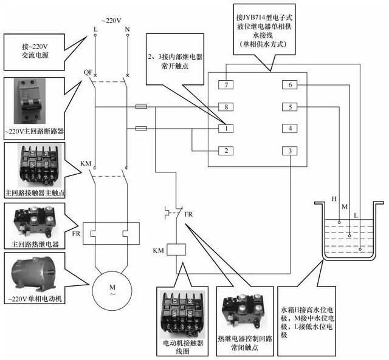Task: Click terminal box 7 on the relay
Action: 225,85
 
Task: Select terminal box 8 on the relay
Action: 225,107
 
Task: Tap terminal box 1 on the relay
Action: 225,129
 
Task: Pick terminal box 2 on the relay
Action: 225,151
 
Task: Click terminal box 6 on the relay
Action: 290,85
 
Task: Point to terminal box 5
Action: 290,107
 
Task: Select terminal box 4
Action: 290,128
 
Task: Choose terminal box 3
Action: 290,151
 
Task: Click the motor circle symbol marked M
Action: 112,290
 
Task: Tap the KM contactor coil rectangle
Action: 176,250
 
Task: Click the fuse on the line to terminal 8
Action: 141,107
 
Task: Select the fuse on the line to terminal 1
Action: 141,128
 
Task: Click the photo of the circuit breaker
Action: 30,101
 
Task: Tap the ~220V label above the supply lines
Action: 111,21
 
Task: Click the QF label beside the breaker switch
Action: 88,72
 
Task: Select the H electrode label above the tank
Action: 334,199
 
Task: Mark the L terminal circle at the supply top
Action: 95,35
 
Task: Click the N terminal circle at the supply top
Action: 128,35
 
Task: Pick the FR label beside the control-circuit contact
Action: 188,214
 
